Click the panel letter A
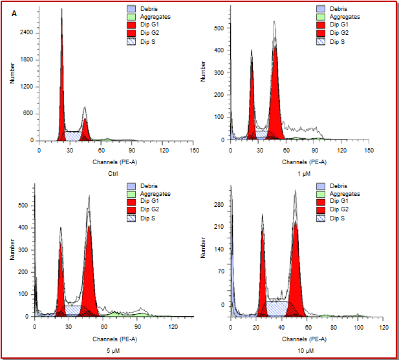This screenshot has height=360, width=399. (x=14, y=14)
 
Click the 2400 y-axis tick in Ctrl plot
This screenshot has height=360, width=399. (x=26, y=32)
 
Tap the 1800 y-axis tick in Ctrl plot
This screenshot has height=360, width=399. (x=26, y=59)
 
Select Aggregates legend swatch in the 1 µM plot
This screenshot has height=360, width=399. (x=321, y=17)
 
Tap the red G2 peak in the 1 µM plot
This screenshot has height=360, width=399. (x=276, y=97)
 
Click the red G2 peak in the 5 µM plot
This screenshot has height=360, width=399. (x=89, y=271)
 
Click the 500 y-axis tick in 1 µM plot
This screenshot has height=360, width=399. (x=219, y=28)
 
